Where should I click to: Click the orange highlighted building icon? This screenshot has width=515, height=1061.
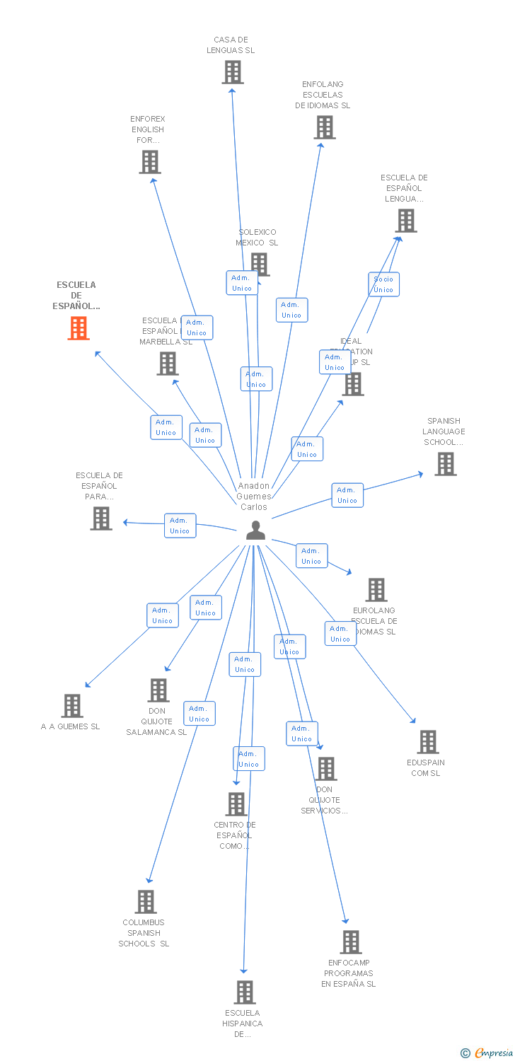(79, 328)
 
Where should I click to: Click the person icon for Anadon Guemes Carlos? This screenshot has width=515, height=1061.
(255, 530)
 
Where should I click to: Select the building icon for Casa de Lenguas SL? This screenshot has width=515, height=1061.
(233, 72)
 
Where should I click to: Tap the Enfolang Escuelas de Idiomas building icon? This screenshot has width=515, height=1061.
(325, 127)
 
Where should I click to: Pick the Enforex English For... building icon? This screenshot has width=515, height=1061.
(149, 162)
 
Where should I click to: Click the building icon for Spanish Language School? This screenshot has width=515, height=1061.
(445, 464)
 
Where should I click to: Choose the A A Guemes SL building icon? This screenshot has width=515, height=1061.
(71, 705)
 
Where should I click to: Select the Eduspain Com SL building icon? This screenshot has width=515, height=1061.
(427, 742)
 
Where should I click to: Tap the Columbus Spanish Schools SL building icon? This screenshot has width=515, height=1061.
(146, 902)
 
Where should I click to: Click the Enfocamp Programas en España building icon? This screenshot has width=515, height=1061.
(351, 942)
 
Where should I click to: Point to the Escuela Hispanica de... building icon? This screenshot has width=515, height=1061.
(245, 992)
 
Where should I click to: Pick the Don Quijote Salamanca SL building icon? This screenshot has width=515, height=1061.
(158, 690)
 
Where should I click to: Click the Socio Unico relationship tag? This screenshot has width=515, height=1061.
(383, 284)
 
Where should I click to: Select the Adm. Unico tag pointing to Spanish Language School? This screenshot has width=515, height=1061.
(347, 495)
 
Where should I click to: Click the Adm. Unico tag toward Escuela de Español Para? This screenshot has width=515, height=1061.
(180, 526)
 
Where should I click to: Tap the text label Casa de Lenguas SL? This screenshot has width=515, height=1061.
(231, 45)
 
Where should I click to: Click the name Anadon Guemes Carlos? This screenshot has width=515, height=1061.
(253, 496)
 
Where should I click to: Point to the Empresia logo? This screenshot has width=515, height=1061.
(487, 1053)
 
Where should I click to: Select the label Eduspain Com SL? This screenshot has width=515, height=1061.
(426, 768)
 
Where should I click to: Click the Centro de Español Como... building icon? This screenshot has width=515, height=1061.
(236, 804)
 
